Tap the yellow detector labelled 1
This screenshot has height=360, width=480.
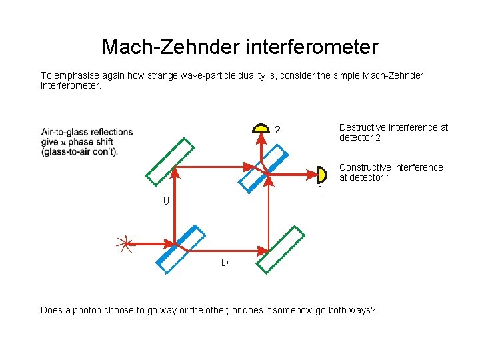323,175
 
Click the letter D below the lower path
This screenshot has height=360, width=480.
225,262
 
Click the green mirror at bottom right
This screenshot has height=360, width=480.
281,249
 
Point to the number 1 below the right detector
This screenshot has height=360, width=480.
321,191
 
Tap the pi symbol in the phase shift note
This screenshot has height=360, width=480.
64,141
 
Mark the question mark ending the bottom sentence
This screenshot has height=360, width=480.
373,310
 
